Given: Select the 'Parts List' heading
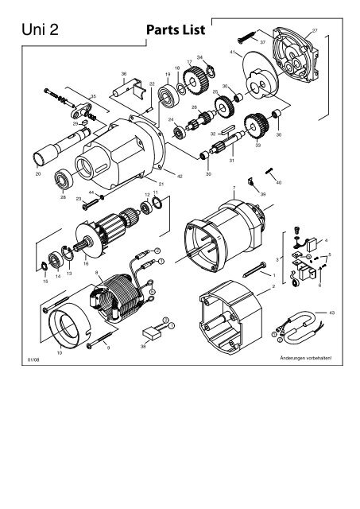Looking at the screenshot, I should click(176, 30).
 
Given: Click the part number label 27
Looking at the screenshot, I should click(315, 30).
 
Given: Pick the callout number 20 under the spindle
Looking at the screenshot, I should click(38, 173).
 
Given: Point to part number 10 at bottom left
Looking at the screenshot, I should click(60, 352).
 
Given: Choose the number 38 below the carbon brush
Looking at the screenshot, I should click(143, 348).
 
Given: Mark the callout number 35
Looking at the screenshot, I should click(93, 96).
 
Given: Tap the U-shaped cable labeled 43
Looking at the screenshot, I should click(305, 326).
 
